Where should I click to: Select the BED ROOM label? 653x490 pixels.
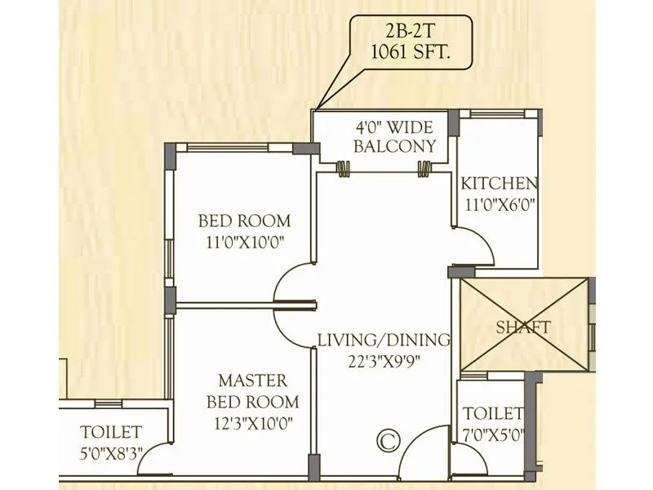244,220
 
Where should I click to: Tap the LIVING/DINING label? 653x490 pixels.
384,340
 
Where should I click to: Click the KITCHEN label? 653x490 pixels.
499,184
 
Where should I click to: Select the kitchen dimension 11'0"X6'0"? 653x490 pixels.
498,206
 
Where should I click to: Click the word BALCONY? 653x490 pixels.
394,148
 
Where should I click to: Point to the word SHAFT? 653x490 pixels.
523,327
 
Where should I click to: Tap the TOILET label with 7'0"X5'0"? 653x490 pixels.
492,414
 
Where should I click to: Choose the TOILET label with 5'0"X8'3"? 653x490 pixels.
111,432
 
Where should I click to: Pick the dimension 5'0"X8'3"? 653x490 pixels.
111,452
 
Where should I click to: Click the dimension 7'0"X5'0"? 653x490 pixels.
492,434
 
